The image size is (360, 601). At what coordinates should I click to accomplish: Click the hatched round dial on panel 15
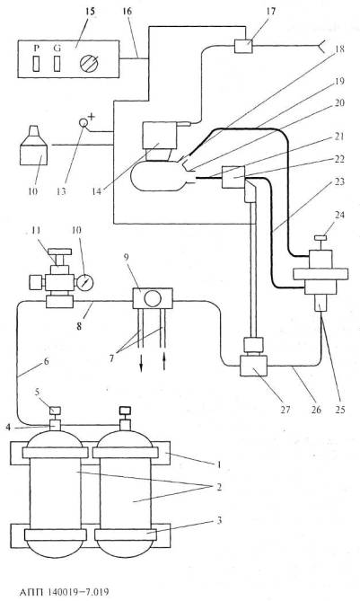tap(89, 63)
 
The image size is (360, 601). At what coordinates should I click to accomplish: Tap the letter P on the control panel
tap(37, 48)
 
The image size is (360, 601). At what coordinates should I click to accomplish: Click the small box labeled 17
tap(243, 46)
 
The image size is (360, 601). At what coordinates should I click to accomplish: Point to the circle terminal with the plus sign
tap(83, 123)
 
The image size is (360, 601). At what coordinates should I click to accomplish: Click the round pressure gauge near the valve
tap(85, 283)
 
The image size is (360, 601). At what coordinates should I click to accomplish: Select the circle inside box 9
tap(153, 298)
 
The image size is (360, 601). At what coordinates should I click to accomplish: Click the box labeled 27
tap(253, 366)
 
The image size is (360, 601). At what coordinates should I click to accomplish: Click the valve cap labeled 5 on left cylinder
tap(56, 411)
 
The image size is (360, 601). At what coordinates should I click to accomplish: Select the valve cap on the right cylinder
tap(125, 411)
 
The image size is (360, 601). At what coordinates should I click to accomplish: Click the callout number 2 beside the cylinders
tap(219, 488)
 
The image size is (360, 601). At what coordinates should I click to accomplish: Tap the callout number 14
tap(97, 190)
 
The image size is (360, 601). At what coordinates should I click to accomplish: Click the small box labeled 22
tap(233, 177)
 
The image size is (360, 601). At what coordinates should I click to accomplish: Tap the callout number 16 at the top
tap(127, 11)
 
